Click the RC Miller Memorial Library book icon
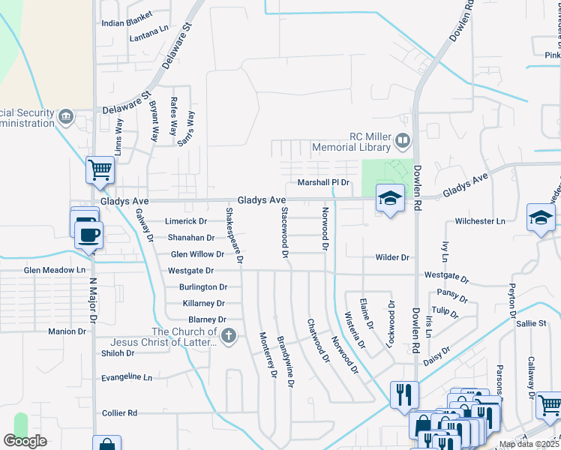tap(403, 140)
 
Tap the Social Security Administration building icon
tap(66, 117)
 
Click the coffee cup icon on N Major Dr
tap(89, 233)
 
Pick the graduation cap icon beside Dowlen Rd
tap(389, 198)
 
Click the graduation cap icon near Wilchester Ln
tap(540, 217)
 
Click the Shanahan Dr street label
tap(190, 238)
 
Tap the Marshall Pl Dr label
tap(324, 182)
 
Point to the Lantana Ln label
tap(148, 36)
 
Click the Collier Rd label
tap(119, 413)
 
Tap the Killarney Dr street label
tap(203, 304)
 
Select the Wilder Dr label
tap(392, 257)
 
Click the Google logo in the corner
tap(25, 441)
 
